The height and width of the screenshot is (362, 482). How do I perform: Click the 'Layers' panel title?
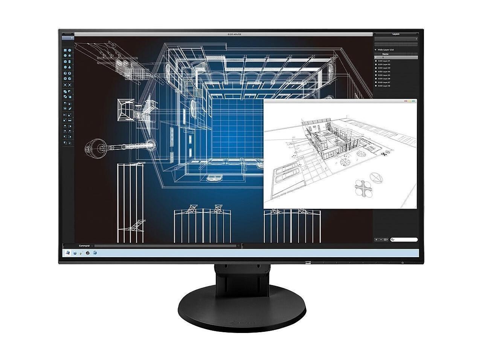click(x=396, y=34)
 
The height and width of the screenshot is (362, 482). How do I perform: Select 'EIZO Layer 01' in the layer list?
click(x=384, y=61)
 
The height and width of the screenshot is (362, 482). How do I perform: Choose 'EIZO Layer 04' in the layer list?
click(x=384, y=72)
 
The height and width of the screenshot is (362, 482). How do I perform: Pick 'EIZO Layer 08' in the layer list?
click(x=384, y=86)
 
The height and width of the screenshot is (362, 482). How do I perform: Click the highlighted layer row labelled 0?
click(x=396, y=57)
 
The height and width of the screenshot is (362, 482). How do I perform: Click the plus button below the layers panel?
click(x=377, y=239)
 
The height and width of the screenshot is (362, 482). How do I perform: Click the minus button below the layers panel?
click(x=381, y=239)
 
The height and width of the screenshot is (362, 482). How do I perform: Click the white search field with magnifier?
click(x=405, y=239)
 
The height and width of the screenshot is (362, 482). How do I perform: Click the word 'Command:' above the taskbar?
click(x=84, y=246)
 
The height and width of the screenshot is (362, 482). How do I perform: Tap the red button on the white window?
click(x=405, y=101)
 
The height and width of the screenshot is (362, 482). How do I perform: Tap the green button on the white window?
click(x=413, y=101)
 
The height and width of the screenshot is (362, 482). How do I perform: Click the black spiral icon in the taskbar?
click(x=88, y=253)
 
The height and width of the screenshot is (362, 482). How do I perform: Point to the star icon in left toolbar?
click(x=70, y=55)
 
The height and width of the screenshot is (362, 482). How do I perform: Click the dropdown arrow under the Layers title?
click(x=416, y=39)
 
